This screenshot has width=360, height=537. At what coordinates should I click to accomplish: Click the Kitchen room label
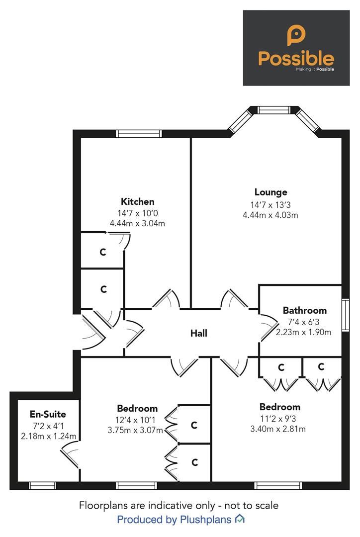click(x=137, y=201)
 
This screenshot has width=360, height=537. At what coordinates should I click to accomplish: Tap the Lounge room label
click(x=270, y=192)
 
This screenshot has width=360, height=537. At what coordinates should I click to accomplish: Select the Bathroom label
click(x=305, y=310)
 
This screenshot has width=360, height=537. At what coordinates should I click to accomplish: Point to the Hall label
click(x=199, y=333)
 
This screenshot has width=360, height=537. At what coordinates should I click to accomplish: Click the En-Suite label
click(x=48, y=414)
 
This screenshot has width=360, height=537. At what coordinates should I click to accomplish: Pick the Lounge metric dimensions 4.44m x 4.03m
click(x=270, y=215)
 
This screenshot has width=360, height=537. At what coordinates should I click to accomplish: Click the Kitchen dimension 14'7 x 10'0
click(x=137, y=213)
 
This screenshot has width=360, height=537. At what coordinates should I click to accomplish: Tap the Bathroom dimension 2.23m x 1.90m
click(x=304, y=332)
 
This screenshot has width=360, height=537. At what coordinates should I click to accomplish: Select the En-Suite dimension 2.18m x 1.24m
click(x=48, y=436)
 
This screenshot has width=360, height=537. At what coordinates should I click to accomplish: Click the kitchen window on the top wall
click(x=139, y=133)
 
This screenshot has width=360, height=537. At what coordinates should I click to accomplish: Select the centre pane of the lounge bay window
click(x=273, y=110)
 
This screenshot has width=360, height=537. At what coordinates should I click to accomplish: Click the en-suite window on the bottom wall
click(x=42, y=485)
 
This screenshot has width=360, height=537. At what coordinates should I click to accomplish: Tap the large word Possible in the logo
click(x=296, y=58)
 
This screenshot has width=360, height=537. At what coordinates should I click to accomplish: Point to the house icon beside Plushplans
click(x=240, y=519)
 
